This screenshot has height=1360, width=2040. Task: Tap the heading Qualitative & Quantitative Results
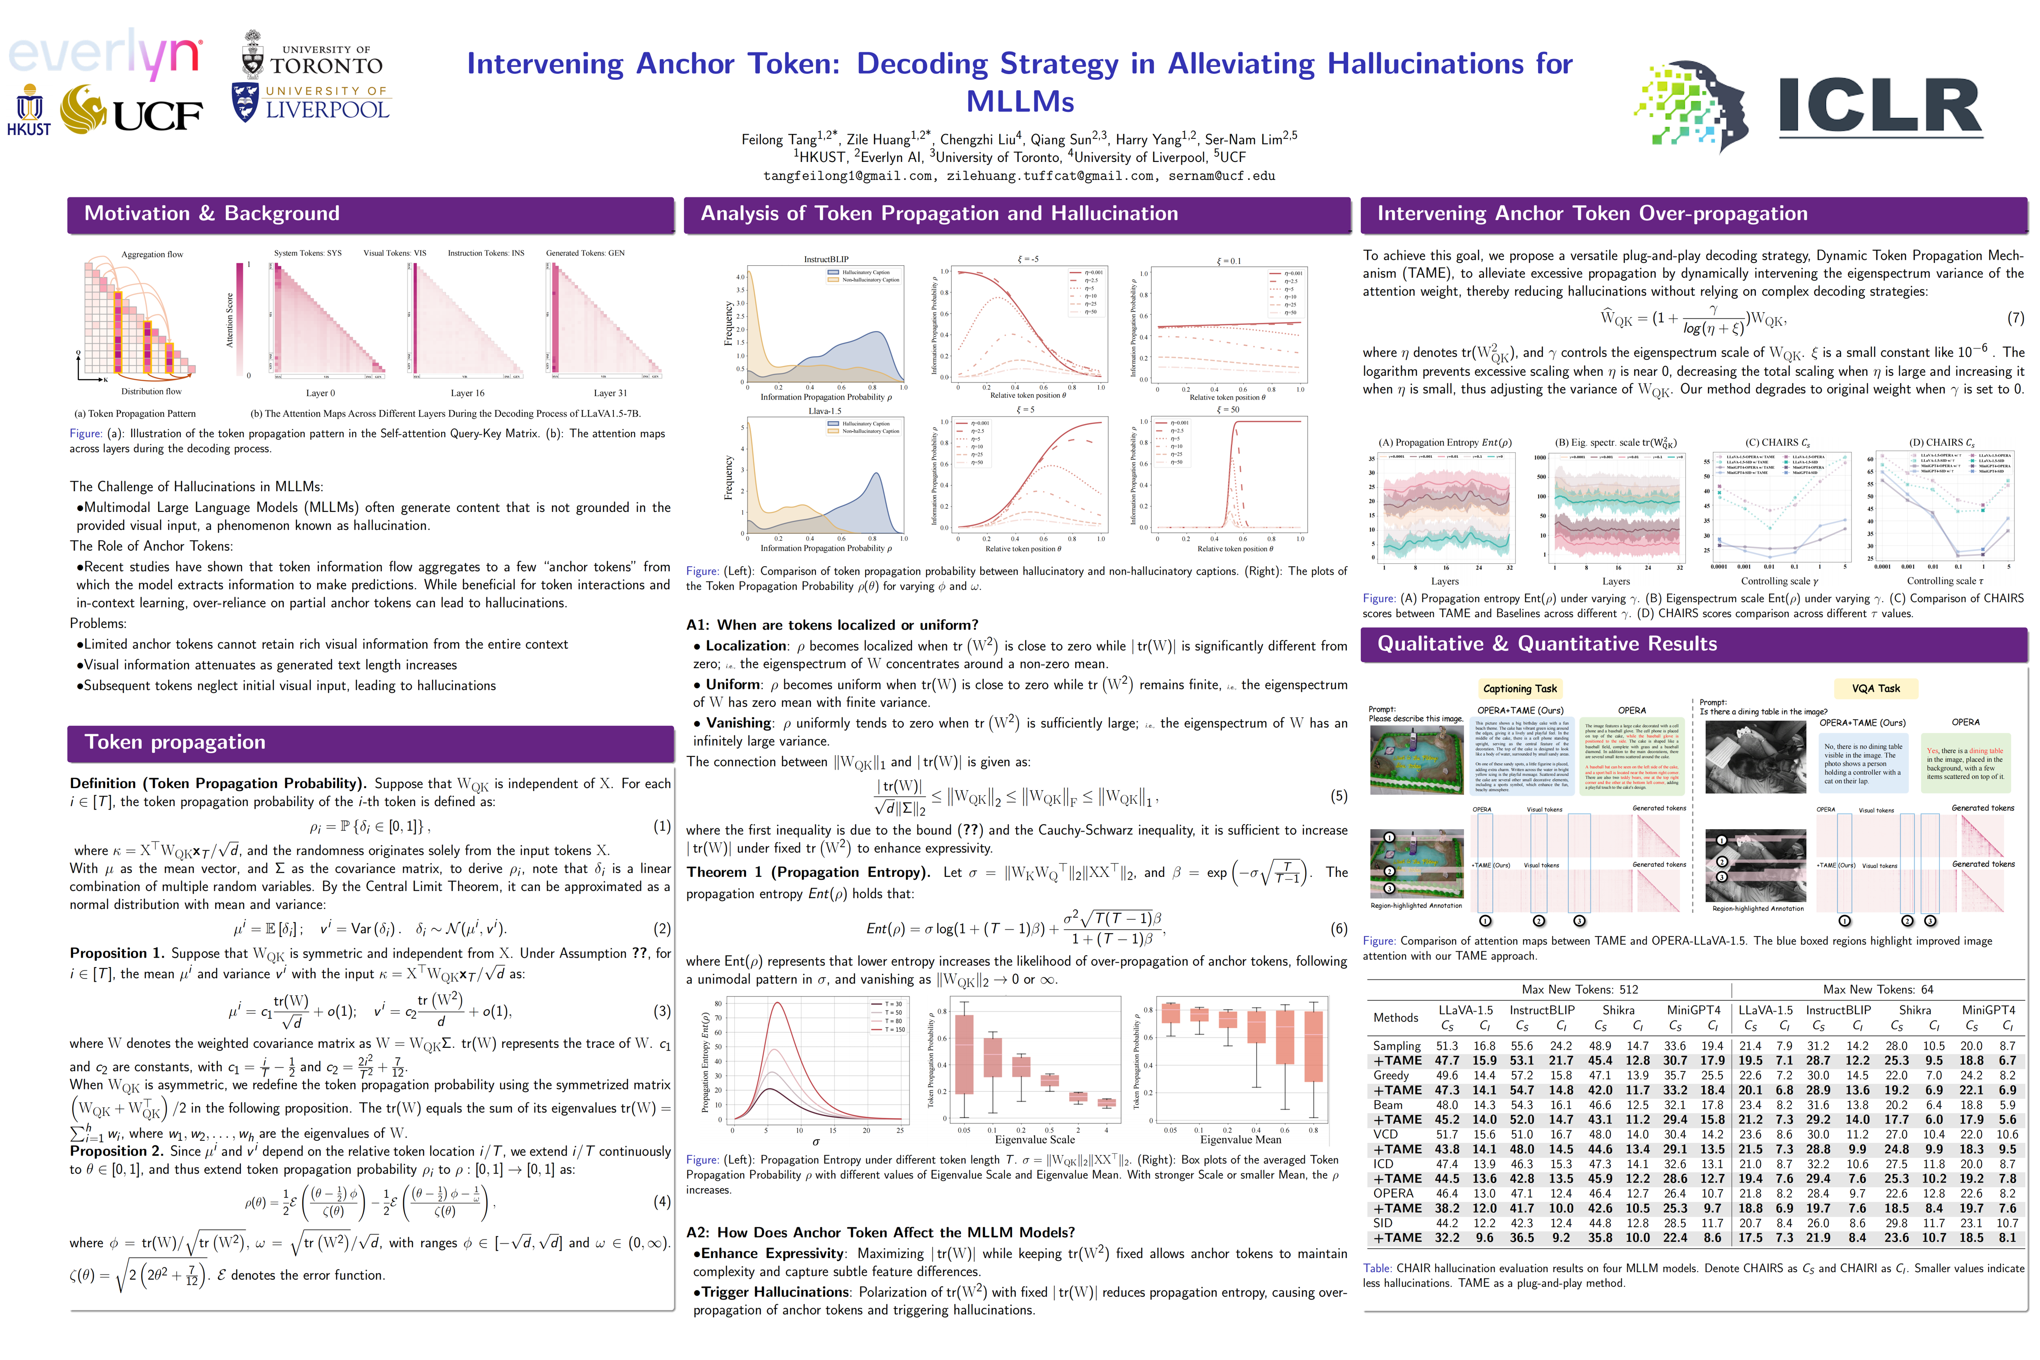click(x=1547, y=644)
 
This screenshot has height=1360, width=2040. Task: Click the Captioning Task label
click(x=1520, y=688)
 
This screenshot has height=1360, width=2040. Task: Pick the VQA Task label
click(x=1875, y=688)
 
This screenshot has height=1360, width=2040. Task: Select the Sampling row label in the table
click(x=1396, y=1046)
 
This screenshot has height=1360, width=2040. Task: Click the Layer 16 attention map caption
click(x=467, y=393)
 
